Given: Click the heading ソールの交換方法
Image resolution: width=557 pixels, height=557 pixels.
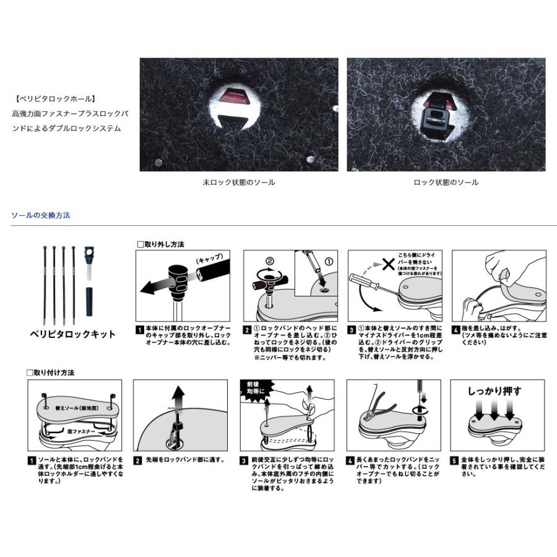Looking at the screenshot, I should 41,215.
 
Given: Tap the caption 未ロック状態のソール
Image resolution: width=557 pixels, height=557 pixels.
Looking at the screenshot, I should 238,183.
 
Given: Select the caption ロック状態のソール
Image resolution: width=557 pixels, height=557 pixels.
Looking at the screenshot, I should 446,183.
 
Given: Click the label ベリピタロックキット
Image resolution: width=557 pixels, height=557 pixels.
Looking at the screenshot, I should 73,334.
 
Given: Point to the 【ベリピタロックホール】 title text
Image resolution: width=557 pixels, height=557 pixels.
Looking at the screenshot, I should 54,98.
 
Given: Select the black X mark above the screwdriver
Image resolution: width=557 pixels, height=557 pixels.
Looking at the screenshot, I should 388,264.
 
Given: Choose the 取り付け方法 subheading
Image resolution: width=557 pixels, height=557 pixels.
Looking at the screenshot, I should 51,373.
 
